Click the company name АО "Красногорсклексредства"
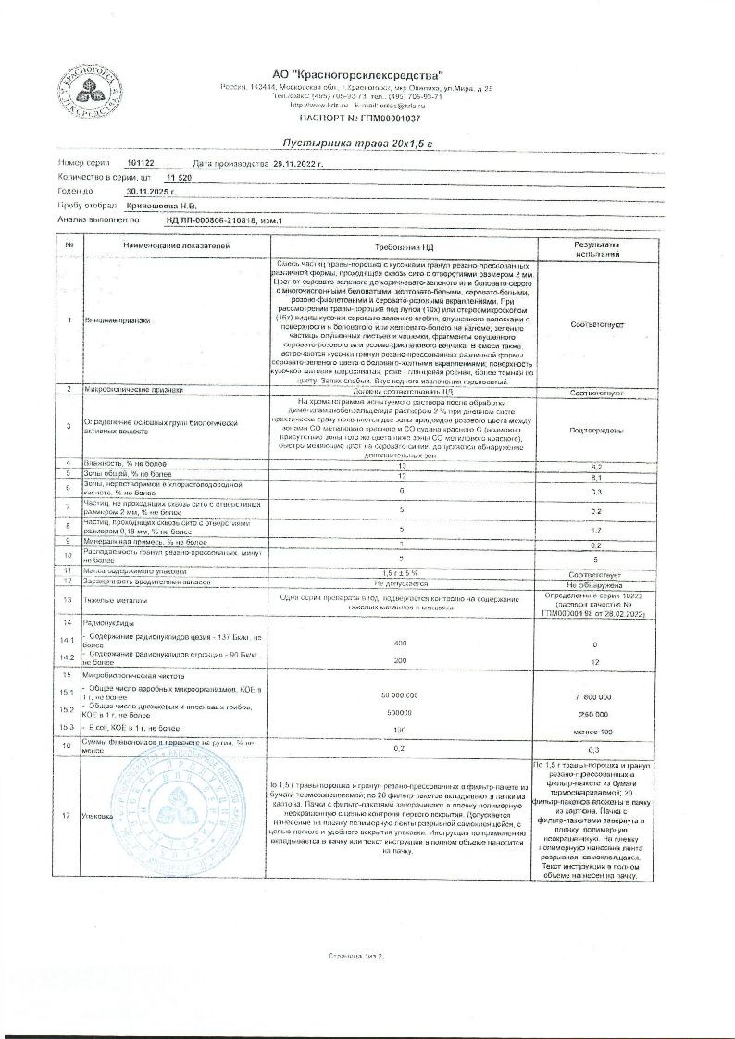tap(357, 73)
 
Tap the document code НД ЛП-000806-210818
tap(219, 220)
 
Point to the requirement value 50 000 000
tap(400, 695)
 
